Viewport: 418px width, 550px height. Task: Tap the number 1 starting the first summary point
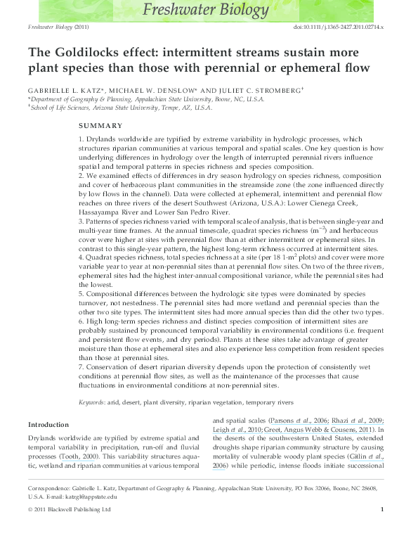coord(81,139)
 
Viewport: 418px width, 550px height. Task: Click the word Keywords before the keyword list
coord(93,402)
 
